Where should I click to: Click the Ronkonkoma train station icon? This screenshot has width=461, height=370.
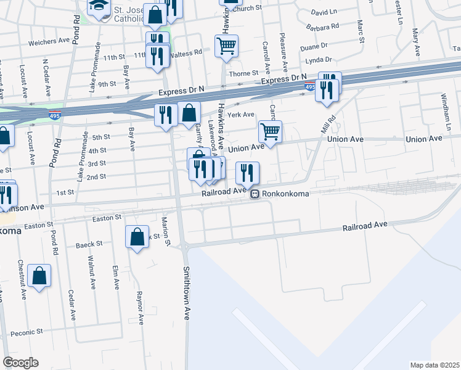point(254,194)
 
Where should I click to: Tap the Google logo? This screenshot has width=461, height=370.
point(20,363)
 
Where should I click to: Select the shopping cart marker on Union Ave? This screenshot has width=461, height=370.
point(270,131)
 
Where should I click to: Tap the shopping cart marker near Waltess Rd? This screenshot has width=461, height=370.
point(227,46)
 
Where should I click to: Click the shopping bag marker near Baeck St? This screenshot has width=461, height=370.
point(137,236)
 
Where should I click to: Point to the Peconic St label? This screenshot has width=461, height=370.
point(26,332)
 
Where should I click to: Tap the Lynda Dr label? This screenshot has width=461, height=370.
point(319,60)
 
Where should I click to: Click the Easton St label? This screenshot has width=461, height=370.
point(107,218)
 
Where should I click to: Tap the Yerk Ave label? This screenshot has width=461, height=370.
point(240,115)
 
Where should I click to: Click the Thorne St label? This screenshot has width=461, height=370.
point(243,73)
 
